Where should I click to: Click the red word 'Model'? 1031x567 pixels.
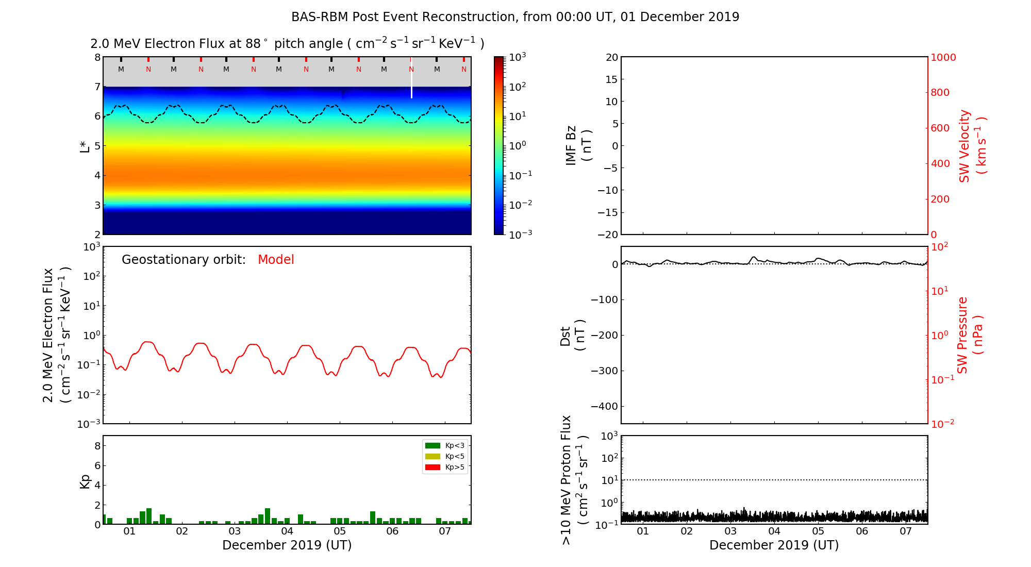[x=276, y=260]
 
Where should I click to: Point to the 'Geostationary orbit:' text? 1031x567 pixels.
[x=184, y=260]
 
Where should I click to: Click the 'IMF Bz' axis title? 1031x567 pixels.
[x=571, y=146]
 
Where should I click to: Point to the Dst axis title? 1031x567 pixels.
[x=566, y=335]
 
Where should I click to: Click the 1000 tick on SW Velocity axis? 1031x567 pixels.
[x=943, y=57]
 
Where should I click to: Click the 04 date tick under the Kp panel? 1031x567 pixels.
[x=287, y=531]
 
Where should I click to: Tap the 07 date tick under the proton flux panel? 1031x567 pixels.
[x=906, y=531]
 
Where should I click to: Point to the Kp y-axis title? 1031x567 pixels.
[x=85, y=481]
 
